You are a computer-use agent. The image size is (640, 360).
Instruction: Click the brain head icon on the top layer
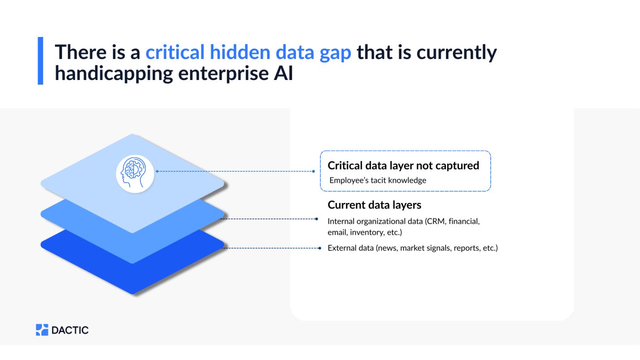[x=135, y=173]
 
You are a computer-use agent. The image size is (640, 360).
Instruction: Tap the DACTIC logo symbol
[x=42, y=330]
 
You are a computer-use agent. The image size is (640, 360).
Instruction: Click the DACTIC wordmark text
[x=70, y=330]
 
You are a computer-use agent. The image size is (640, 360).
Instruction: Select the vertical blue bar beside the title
[x=40, y=61]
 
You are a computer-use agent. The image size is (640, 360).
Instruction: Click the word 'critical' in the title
[x=175, y=52]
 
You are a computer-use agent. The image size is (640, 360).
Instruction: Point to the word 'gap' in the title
[x=335, y=53]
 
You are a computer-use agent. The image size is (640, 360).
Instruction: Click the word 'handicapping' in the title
[x=113, y=74]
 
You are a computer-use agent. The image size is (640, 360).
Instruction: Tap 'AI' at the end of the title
[x=283, y=74]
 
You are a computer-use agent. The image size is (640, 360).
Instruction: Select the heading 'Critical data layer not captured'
[x=403, y=166]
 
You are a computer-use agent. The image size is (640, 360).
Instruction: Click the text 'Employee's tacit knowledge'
[x=378, y=180]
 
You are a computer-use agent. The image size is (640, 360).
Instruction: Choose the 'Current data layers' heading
[x=374, y=205]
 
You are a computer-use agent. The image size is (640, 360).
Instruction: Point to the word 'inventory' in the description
[x=366, y=232]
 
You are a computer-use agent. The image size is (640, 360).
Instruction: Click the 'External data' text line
[x=412, y=248]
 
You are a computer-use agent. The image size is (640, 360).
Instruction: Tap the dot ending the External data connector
[x=320, y=248]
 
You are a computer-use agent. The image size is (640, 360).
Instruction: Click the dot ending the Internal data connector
[x=317, y=219]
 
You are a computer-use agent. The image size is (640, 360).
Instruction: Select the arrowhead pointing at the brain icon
[x=157, y=171]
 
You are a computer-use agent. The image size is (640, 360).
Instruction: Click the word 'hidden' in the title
[x=240, y=52]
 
